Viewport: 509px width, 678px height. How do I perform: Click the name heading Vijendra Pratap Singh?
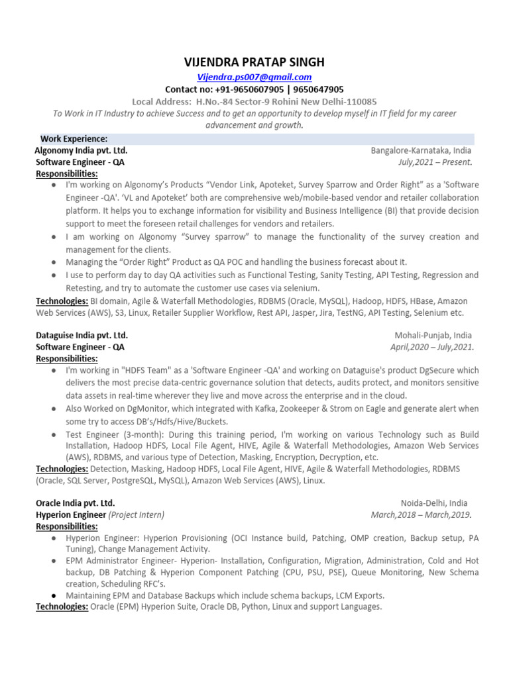254,63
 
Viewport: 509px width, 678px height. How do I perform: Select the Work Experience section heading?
74,138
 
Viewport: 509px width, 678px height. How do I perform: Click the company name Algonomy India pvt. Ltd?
81,150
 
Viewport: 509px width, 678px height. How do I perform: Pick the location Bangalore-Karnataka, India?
421,150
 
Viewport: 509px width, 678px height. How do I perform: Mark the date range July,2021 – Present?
435,162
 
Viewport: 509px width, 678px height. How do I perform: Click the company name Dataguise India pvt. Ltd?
82,335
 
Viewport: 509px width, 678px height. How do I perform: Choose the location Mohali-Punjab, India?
433,335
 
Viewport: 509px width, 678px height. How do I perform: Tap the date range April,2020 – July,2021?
431,347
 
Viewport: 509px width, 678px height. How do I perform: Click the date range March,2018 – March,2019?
422,514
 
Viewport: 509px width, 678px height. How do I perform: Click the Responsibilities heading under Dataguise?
66,358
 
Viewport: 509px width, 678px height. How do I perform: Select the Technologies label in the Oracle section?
62,606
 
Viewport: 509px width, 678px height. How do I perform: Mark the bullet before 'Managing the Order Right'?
53,262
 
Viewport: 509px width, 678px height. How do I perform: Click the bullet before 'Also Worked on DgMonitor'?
53,409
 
